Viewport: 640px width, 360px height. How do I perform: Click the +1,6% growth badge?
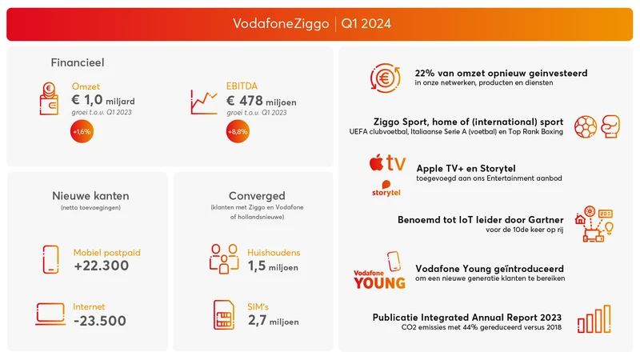[x=82, y=132]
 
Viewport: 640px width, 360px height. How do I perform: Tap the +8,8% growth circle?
[x=237, y=132]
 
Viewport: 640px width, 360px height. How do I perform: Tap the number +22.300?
[x=101, y=266]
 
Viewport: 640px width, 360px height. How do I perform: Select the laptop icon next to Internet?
[x=50, y=314]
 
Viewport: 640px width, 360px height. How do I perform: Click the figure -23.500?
[x=99, y=321]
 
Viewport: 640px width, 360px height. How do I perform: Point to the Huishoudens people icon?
[x=223, y=258]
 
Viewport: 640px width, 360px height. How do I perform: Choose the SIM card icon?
[x=224, y=314]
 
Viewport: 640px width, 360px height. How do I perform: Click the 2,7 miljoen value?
[x=273, y=322]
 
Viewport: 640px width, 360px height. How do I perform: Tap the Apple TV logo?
[x=387, y=163]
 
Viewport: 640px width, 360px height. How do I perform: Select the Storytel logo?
[x=386, y=189]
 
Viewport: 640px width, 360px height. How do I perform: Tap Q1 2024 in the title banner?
[x=366, y=24]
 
